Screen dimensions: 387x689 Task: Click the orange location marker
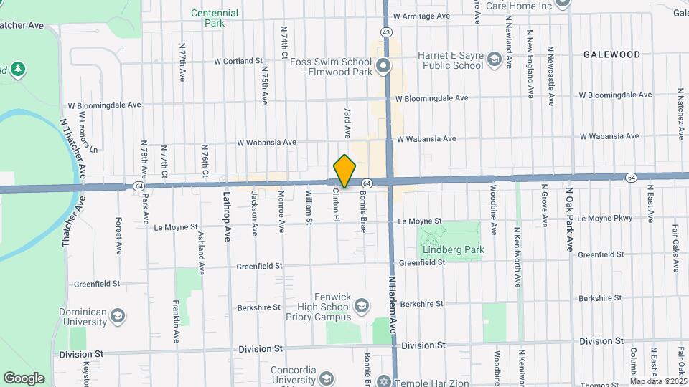pyautogui.click(x=345, y=171)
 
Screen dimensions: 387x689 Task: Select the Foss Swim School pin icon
pyautogui.click(x=383, y=67)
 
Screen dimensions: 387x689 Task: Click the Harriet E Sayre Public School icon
pyautogui.click(x=494, y=59)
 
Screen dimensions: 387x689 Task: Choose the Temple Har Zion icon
pyautogui.click(x=384, y=381)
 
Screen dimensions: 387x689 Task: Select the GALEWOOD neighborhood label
pyautogui.click(x=611, y=54)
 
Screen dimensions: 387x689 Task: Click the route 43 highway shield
pyautogui.click(x=387, y=32)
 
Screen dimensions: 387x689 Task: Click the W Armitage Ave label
pyautogui.click(x=421, y=16)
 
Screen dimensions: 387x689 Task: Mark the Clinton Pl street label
pyautogui.click(x=336, y=204)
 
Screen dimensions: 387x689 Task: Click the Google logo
pyautogui.click(x=24, y=378)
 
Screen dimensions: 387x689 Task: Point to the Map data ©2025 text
pyautogui.click(x=658, y=381)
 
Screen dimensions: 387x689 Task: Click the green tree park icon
pyautogui.click(x=18, y=70)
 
